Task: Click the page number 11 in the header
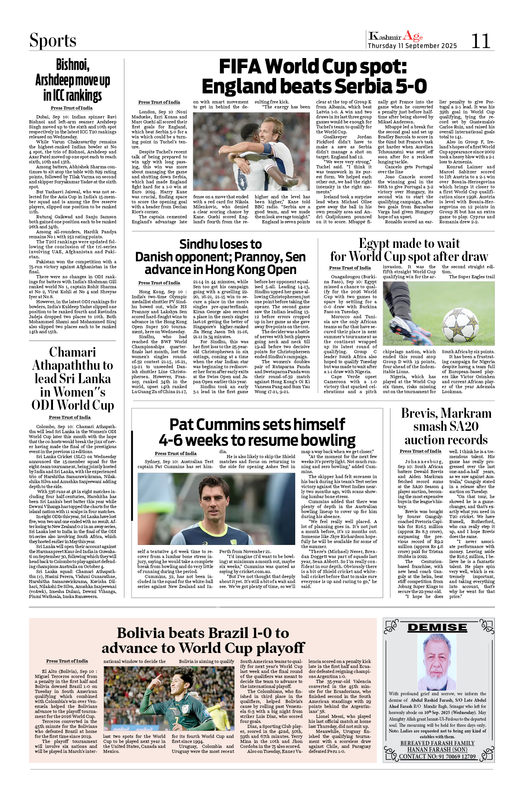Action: click(x=480, y=41)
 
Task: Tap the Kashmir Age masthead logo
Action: click(x=395, y=37)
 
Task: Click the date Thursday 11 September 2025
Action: click(x=412, y=46)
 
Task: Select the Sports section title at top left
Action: click(x=53, y=41)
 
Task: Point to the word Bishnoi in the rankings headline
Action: click(x=73, y=65)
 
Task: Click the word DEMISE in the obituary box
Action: click(x=437, y=628)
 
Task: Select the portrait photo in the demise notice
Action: click(x=437, y=661)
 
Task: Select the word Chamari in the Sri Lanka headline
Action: click(x=73, y=352)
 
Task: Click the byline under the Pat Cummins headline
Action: click(x=175, y=453)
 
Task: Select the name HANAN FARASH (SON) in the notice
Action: click(x=437, y=749)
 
